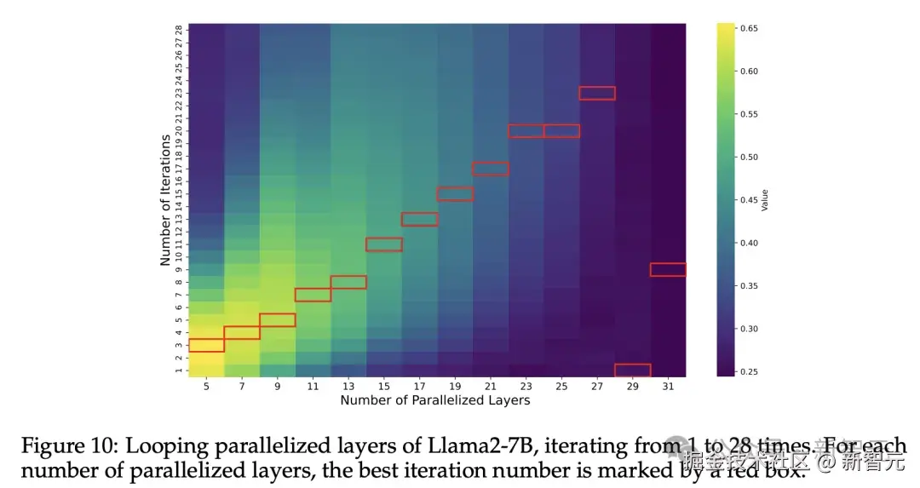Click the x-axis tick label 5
206,387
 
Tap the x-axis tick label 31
669,387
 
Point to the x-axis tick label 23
526,387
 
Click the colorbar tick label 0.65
749,29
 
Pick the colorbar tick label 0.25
749,371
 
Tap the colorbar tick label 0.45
749,200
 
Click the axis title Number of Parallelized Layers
434,400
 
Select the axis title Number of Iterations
165,200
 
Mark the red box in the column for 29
633,370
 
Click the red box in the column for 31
668,270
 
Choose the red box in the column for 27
597,94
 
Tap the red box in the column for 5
206,345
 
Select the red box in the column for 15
384,244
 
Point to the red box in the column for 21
491,169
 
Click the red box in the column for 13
348,282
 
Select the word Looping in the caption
159,447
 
